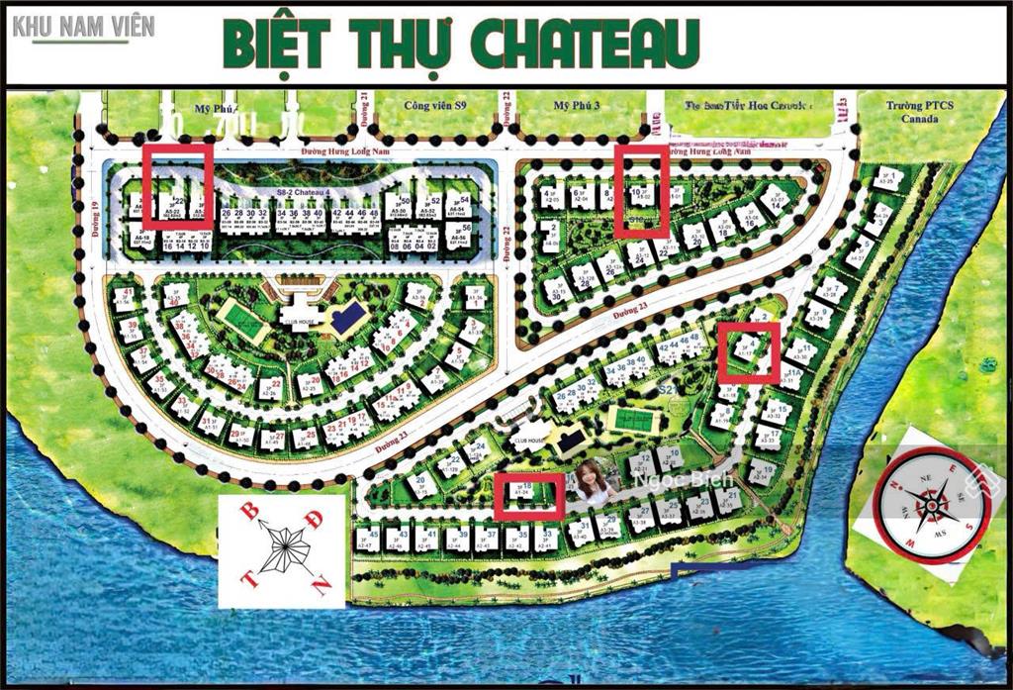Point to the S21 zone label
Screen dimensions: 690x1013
tap(669, 391)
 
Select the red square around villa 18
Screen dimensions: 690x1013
tap(529, 496)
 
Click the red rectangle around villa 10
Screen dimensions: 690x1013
tap(641, 190)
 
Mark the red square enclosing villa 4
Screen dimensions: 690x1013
tap(748, 351)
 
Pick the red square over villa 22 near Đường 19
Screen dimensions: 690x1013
tap(178, 184)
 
